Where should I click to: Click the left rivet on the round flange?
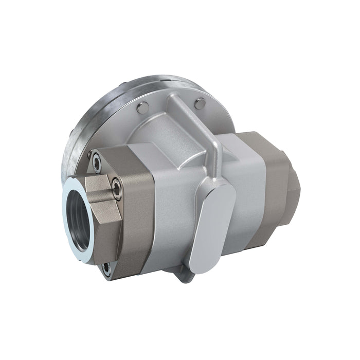[142, 107]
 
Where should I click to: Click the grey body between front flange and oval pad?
[172, 206]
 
